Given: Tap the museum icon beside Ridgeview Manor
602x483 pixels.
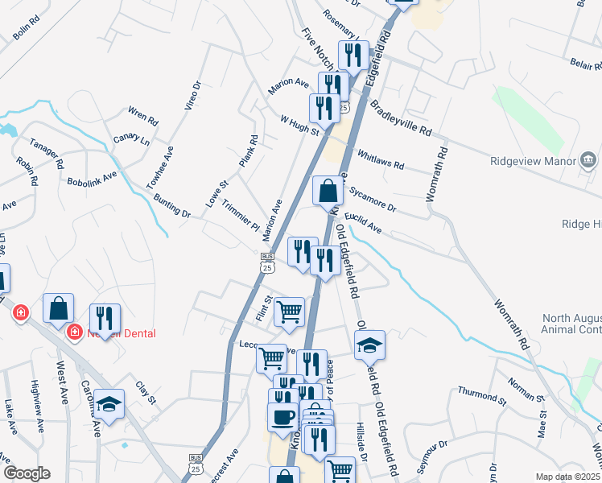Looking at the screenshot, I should (x=588, y=160).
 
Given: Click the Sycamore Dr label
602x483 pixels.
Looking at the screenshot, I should (x=373, y=198).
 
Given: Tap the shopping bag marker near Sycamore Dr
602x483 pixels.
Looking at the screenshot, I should (x=328, y=192).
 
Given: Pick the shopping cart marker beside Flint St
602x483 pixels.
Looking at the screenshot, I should (x=289, y=312).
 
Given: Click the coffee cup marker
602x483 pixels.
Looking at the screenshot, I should (x=282, y=417).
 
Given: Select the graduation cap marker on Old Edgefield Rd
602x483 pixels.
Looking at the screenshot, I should (x=369, y=345).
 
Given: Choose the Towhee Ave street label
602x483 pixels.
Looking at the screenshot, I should (x=161, y=166).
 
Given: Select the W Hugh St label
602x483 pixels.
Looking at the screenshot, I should (x=299, y=126).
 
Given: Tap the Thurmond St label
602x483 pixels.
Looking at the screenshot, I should (x=481, y=394).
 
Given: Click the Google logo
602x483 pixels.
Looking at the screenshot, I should (x=27, y=473).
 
